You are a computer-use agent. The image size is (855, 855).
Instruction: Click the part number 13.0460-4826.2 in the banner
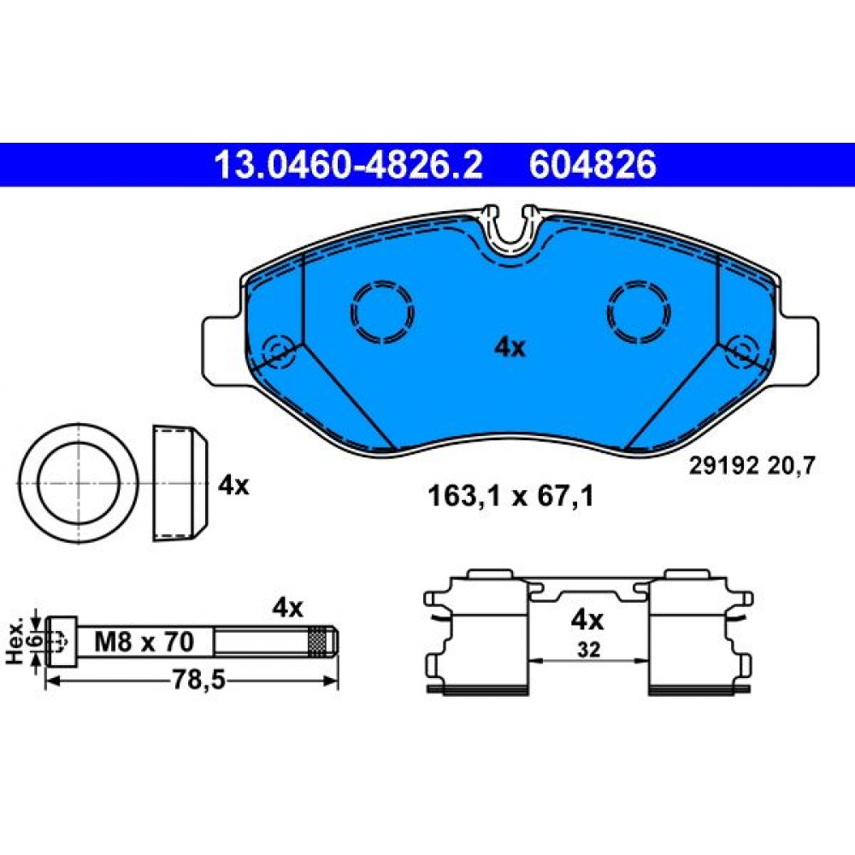(x=349, y=165)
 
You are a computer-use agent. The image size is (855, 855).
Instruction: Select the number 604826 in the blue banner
(x=593, y=165)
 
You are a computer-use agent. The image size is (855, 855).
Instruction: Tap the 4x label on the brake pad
(x=510, y=347)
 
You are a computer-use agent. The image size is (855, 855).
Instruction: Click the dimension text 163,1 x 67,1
(x=510, y=496)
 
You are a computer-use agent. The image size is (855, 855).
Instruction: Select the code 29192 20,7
(x=752, y=466)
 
